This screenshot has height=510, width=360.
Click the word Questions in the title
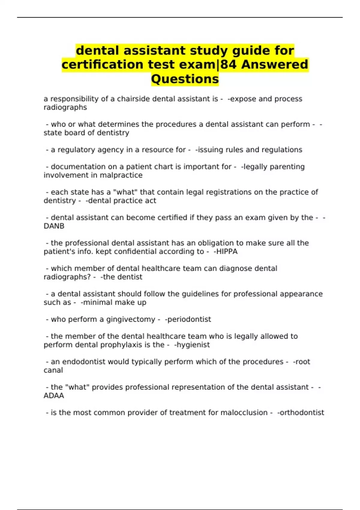185,79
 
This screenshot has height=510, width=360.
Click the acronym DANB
54,226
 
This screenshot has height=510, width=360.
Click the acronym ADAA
54,396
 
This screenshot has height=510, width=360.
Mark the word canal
53,370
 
